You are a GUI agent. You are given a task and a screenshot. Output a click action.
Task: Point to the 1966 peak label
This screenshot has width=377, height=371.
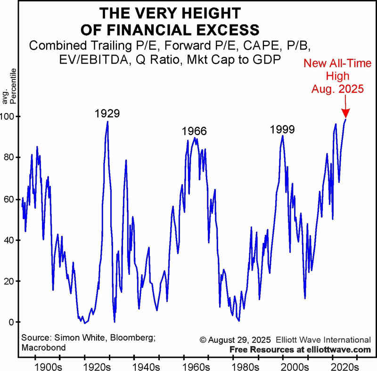(x=194, y=131)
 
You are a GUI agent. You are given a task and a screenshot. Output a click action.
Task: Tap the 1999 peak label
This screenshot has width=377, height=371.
(x=282, y=129)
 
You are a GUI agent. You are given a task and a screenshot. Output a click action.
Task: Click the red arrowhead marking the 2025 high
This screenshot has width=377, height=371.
(x=345, y=113)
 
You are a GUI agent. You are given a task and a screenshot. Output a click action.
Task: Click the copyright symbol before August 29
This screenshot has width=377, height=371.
(x=203, y=339)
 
